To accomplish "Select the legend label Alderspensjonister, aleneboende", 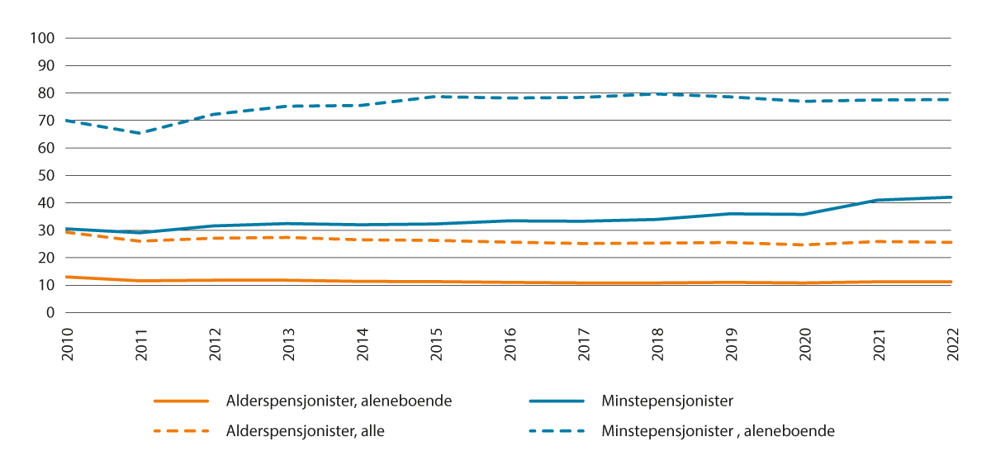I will (339, 401).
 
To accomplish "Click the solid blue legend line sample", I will (559, 401).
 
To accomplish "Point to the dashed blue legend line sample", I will (559, 431).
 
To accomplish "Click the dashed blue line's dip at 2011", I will (141, 133).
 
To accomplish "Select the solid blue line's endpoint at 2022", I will (951, 197).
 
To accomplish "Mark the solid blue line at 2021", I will (877, 200).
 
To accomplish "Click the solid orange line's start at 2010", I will (68, 277).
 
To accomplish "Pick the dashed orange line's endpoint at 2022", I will (951, 242).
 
